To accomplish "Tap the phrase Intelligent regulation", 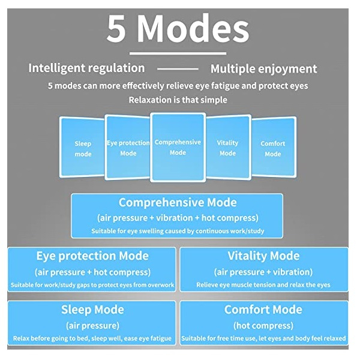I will click(86, 68).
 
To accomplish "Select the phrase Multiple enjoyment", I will click(263, 68).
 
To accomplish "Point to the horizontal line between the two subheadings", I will click(177, 69).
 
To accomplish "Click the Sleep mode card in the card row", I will click(83, 148).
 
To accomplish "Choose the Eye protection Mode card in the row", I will click(128, 148).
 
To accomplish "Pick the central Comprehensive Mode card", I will click(178, 147).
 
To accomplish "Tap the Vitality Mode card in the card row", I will click(227, 148).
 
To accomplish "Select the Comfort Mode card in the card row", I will click(272, 148).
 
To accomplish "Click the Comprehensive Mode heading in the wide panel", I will click(178, 203).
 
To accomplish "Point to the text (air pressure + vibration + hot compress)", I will click(178, 217).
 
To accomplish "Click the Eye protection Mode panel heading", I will click(92, 256).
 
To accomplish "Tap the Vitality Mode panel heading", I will click(263, 256).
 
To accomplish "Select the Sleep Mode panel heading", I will click(92, 310).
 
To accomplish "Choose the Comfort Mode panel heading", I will click(263, 310).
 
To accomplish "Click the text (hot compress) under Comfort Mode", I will click(263, 325).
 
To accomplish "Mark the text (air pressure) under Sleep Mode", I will click(92, 325).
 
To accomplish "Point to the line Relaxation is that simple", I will click(178, 100).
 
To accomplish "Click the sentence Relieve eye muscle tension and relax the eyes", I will click(263, 284).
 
